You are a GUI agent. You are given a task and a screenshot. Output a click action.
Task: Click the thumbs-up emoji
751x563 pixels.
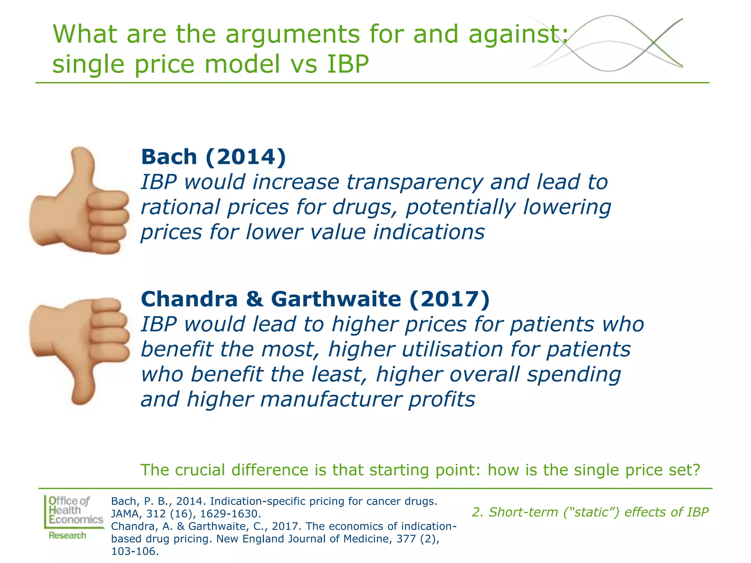tap(79, 201)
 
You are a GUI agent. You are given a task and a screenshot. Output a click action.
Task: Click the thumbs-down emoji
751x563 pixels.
tap(79, 350)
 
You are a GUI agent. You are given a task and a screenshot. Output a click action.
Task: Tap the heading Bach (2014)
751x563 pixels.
tap(213, 157)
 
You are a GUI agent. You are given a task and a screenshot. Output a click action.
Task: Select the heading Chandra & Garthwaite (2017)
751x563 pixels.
tap(315, 299)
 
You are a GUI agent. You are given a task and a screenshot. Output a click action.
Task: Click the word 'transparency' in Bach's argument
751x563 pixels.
tap(415, 182)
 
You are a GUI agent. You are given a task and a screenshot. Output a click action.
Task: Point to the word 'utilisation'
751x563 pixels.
tap(452, 349)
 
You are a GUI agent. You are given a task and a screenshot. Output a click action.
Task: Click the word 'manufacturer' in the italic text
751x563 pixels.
tap(331, 399)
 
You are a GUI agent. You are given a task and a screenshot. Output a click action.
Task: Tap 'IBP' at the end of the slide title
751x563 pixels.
tap(348, 64)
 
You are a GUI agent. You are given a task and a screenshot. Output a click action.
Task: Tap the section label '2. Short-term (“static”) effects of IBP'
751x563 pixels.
tap(590, 512)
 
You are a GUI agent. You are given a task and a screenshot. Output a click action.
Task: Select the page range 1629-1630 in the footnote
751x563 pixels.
tap(228, 514)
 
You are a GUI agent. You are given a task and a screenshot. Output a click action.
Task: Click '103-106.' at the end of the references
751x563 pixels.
tap(135, 551)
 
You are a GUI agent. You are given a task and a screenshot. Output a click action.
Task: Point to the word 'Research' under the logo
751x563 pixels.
tap(67, 536)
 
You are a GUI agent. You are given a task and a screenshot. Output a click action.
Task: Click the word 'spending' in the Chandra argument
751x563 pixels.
tap(574, 374)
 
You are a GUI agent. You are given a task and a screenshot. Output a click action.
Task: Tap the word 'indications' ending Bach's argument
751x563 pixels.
tap(429, 232)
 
